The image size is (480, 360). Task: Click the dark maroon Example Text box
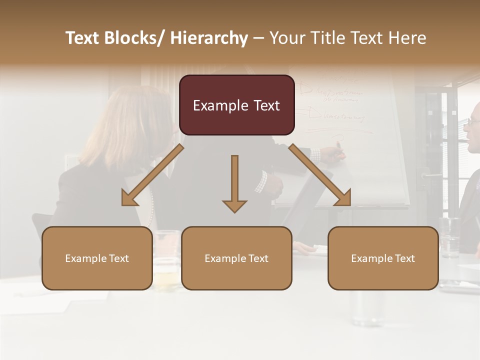coord(236,105)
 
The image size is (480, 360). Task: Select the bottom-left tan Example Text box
coord(97,258)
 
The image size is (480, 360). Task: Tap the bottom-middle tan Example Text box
coord(236,258)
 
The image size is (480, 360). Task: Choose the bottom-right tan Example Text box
coord(383,258)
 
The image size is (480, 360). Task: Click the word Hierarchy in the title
coord(209,38)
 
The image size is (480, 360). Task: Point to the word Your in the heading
coord(286,38)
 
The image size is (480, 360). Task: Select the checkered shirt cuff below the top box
coord(260,182)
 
